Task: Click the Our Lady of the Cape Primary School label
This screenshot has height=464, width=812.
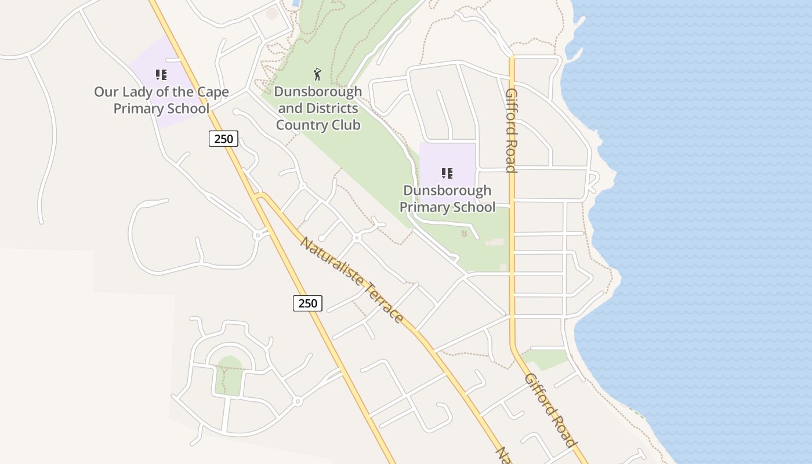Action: [161, 100]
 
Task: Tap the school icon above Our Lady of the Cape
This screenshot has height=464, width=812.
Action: [161, 75]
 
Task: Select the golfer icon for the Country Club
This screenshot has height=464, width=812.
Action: [317, 74]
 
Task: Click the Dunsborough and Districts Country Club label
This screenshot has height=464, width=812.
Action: [318, 108]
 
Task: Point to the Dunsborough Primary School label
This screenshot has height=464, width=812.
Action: [447, 198]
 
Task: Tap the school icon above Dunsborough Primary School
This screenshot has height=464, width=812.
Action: [447, 173]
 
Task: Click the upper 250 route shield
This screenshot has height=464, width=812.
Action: [223, 139]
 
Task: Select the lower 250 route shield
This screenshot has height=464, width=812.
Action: [307, 303]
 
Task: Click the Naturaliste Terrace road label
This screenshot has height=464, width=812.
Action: [351, 279]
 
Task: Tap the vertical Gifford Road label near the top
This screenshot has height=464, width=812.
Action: [511, 130]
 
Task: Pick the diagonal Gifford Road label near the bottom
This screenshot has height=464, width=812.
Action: [550, 409]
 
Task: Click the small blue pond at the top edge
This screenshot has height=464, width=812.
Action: [296, 3]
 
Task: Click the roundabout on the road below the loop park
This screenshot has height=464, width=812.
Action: [298, 401]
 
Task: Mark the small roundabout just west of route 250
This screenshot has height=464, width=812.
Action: [257, 235]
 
